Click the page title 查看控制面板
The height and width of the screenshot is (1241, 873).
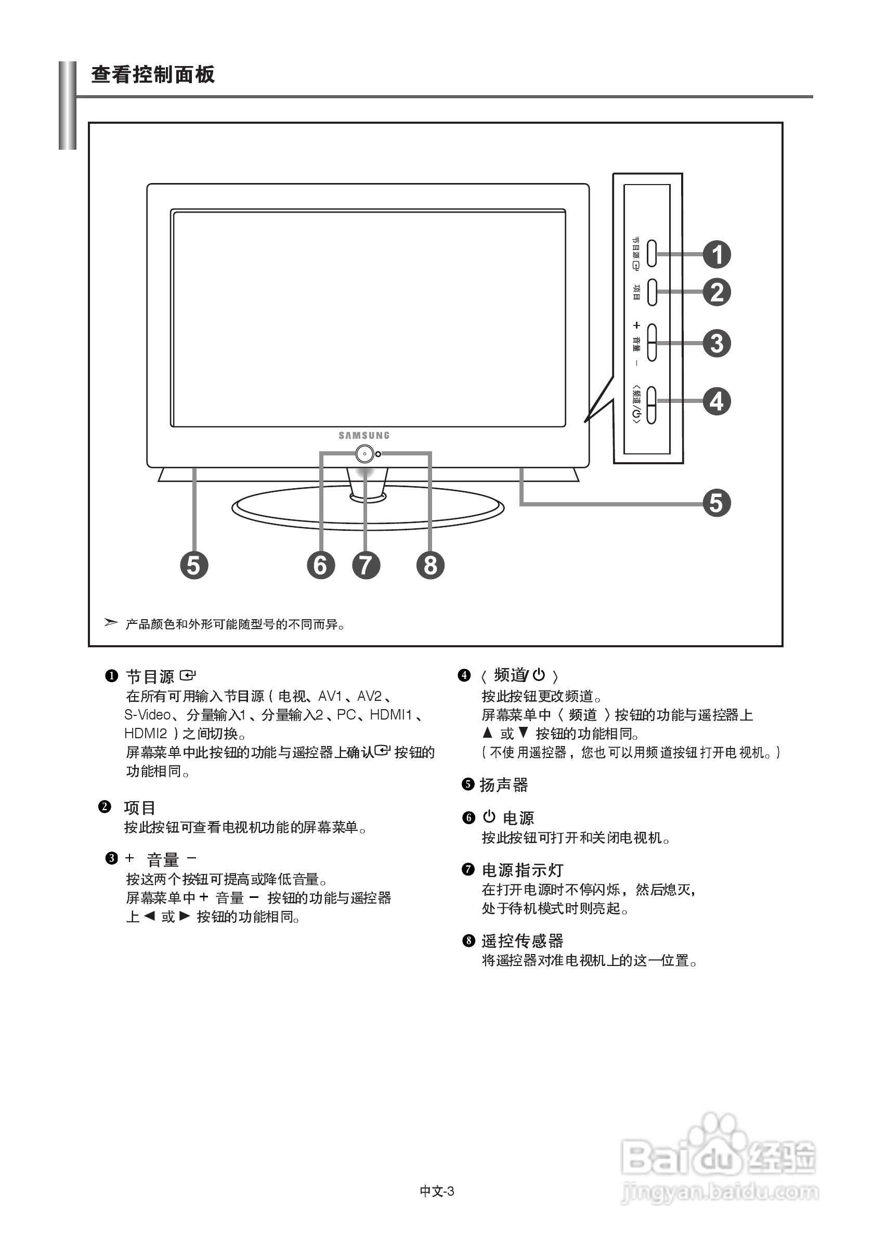pyautogui.click(x=153, y=74)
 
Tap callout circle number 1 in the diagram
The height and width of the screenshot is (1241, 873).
pyautogui.click(x=717, y=255)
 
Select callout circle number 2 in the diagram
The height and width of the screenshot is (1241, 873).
pyautogui.click(x=717, y=292)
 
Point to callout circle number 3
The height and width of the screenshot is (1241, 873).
pyautogui.click(x=717, y=343)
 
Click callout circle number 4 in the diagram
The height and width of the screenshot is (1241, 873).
pyautogui.click(x=717, y=401)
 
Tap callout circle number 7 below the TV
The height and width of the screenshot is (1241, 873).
pyautogui.click(x=366, y=565)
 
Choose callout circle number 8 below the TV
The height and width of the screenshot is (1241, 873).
pyautogui.click(x=431, y=565)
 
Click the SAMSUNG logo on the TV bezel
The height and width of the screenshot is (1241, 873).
pyautogui.click(x=364, y=435)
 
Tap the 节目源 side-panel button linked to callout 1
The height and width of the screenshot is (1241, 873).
pyautogui.click(x=652, y=254)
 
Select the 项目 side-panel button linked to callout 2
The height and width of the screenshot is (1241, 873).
pyautogui.click(x=652, y=292)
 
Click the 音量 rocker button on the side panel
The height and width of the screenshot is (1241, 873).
pyautogui.click(x=652, y=343)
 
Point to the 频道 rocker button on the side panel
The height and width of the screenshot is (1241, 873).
pyautogui.click(x=652, y=405)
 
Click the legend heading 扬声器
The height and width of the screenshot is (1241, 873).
pyautogui.click(x=503, y=785)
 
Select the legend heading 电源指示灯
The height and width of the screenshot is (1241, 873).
pyautogui.click(x=522, y=870)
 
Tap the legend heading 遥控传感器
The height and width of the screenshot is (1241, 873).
pyautogui.click(x=522, y=941)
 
